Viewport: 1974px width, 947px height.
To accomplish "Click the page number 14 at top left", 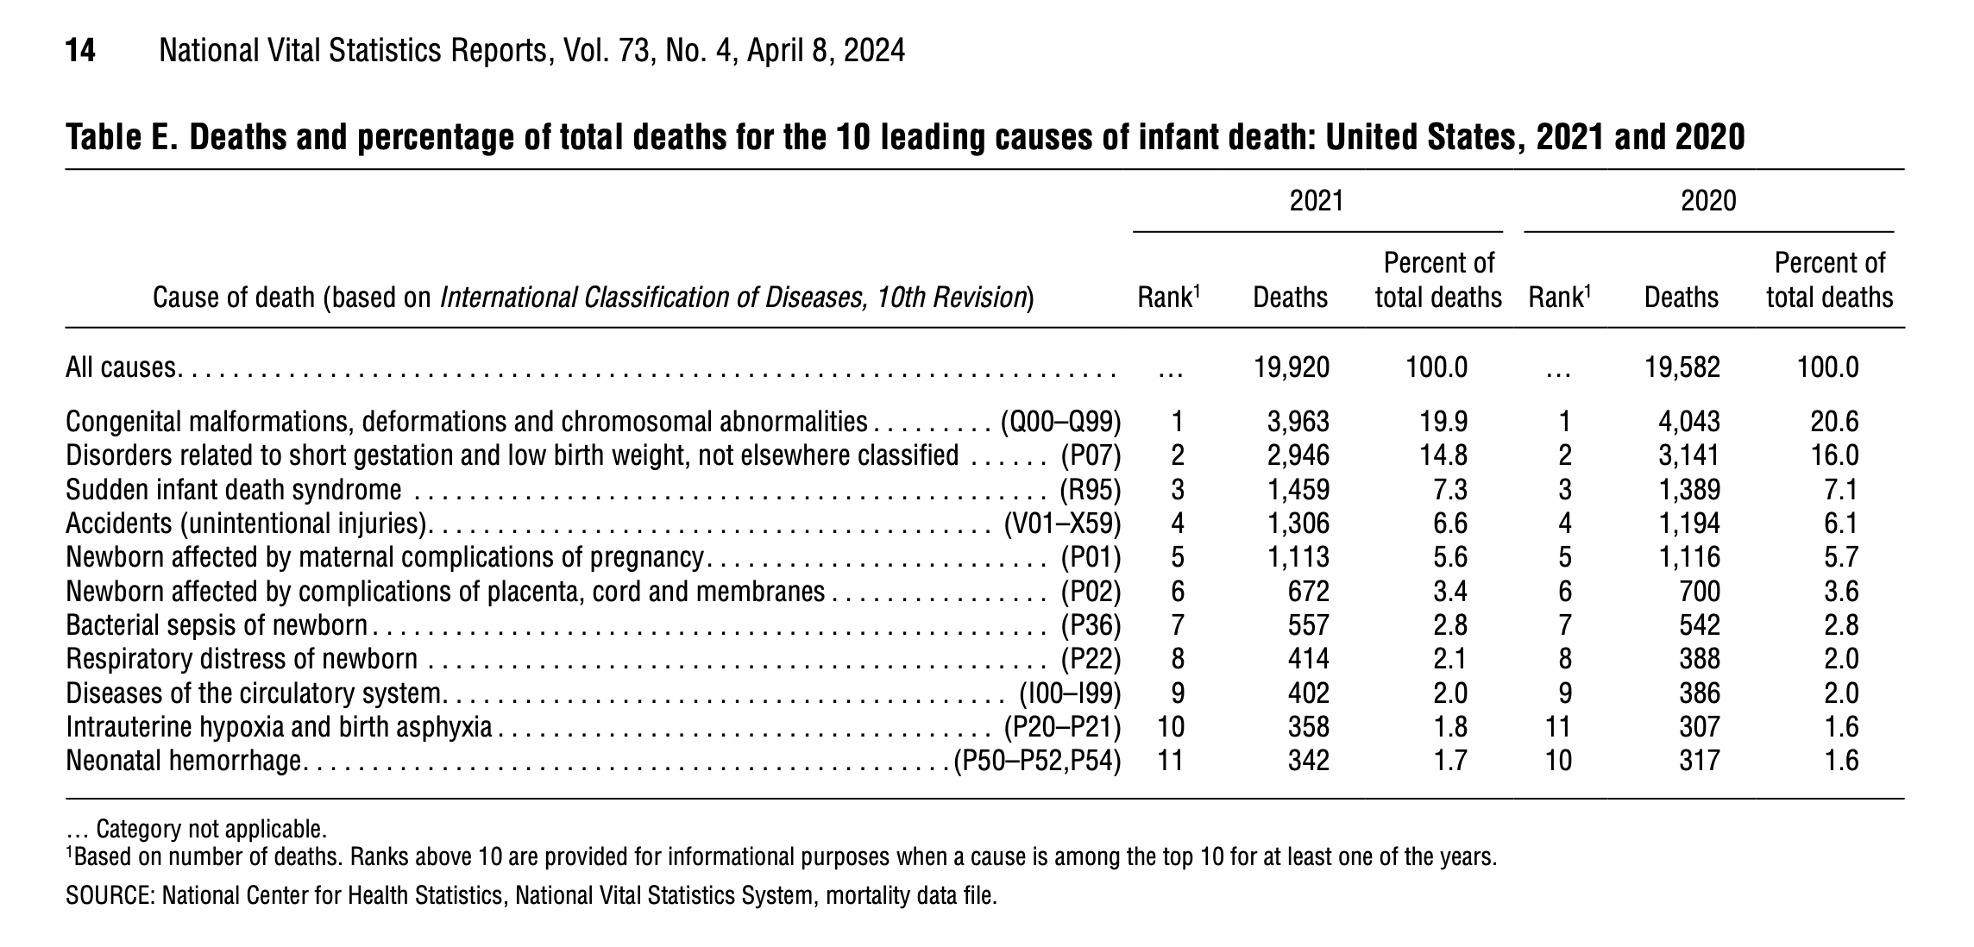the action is tap(80, 51).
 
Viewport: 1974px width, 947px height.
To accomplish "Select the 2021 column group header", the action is tap(1317, 201).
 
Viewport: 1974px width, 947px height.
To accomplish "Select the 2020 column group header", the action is tap(1708, 201).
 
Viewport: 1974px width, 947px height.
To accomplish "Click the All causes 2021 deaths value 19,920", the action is tap(1292, 367).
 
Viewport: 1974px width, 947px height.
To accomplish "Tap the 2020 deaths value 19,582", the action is tap(1682, 367).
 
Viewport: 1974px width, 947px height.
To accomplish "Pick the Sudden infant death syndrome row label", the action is tap(234, 490).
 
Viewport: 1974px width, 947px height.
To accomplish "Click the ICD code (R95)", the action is tap(1091, 490).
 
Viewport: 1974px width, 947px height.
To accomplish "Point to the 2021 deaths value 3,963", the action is tap(1298, 422).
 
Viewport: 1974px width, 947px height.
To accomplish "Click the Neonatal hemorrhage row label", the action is tap(184, 761).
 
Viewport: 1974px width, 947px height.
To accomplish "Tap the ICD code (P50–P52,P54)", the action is tap(1037, 761).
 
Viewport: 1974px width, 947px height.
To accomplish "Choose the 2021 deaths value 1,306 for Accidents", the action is tap(1298, 524).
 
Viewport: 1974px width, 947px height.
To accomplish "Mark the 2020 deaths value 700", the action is tap(1700, 592).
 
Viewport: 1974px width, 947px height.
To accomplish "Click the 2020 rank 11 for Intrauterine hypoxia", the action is tap(1557, 727).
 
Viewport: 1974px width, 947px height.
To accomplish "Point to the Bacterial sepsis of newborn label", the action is tap(217, 625).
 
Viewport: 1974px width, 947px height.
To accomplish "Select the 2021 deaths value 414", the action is tap(1309, 659).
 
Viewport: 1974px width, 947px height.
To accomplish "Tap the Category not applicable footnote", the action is tap(197, 830).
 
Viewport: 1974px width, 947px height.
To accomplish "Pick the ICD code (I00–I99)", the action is tap(1070, 693).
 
